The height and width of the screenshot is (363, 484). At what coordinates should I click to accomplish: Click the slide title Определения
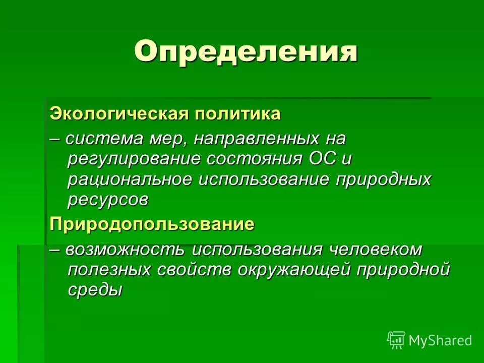coord(246,52)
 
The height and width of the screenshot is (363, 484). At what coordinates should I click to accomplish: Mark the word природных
coord(383,179)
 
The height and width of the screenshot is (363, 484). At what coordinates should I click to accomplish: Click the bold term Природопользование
coord(152,224)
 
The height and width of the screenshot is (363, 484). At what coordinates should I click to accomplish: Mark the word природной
coord(403,270)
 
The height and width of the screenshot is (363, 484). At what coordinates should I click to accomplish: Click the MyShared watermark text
coord(440,340)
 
